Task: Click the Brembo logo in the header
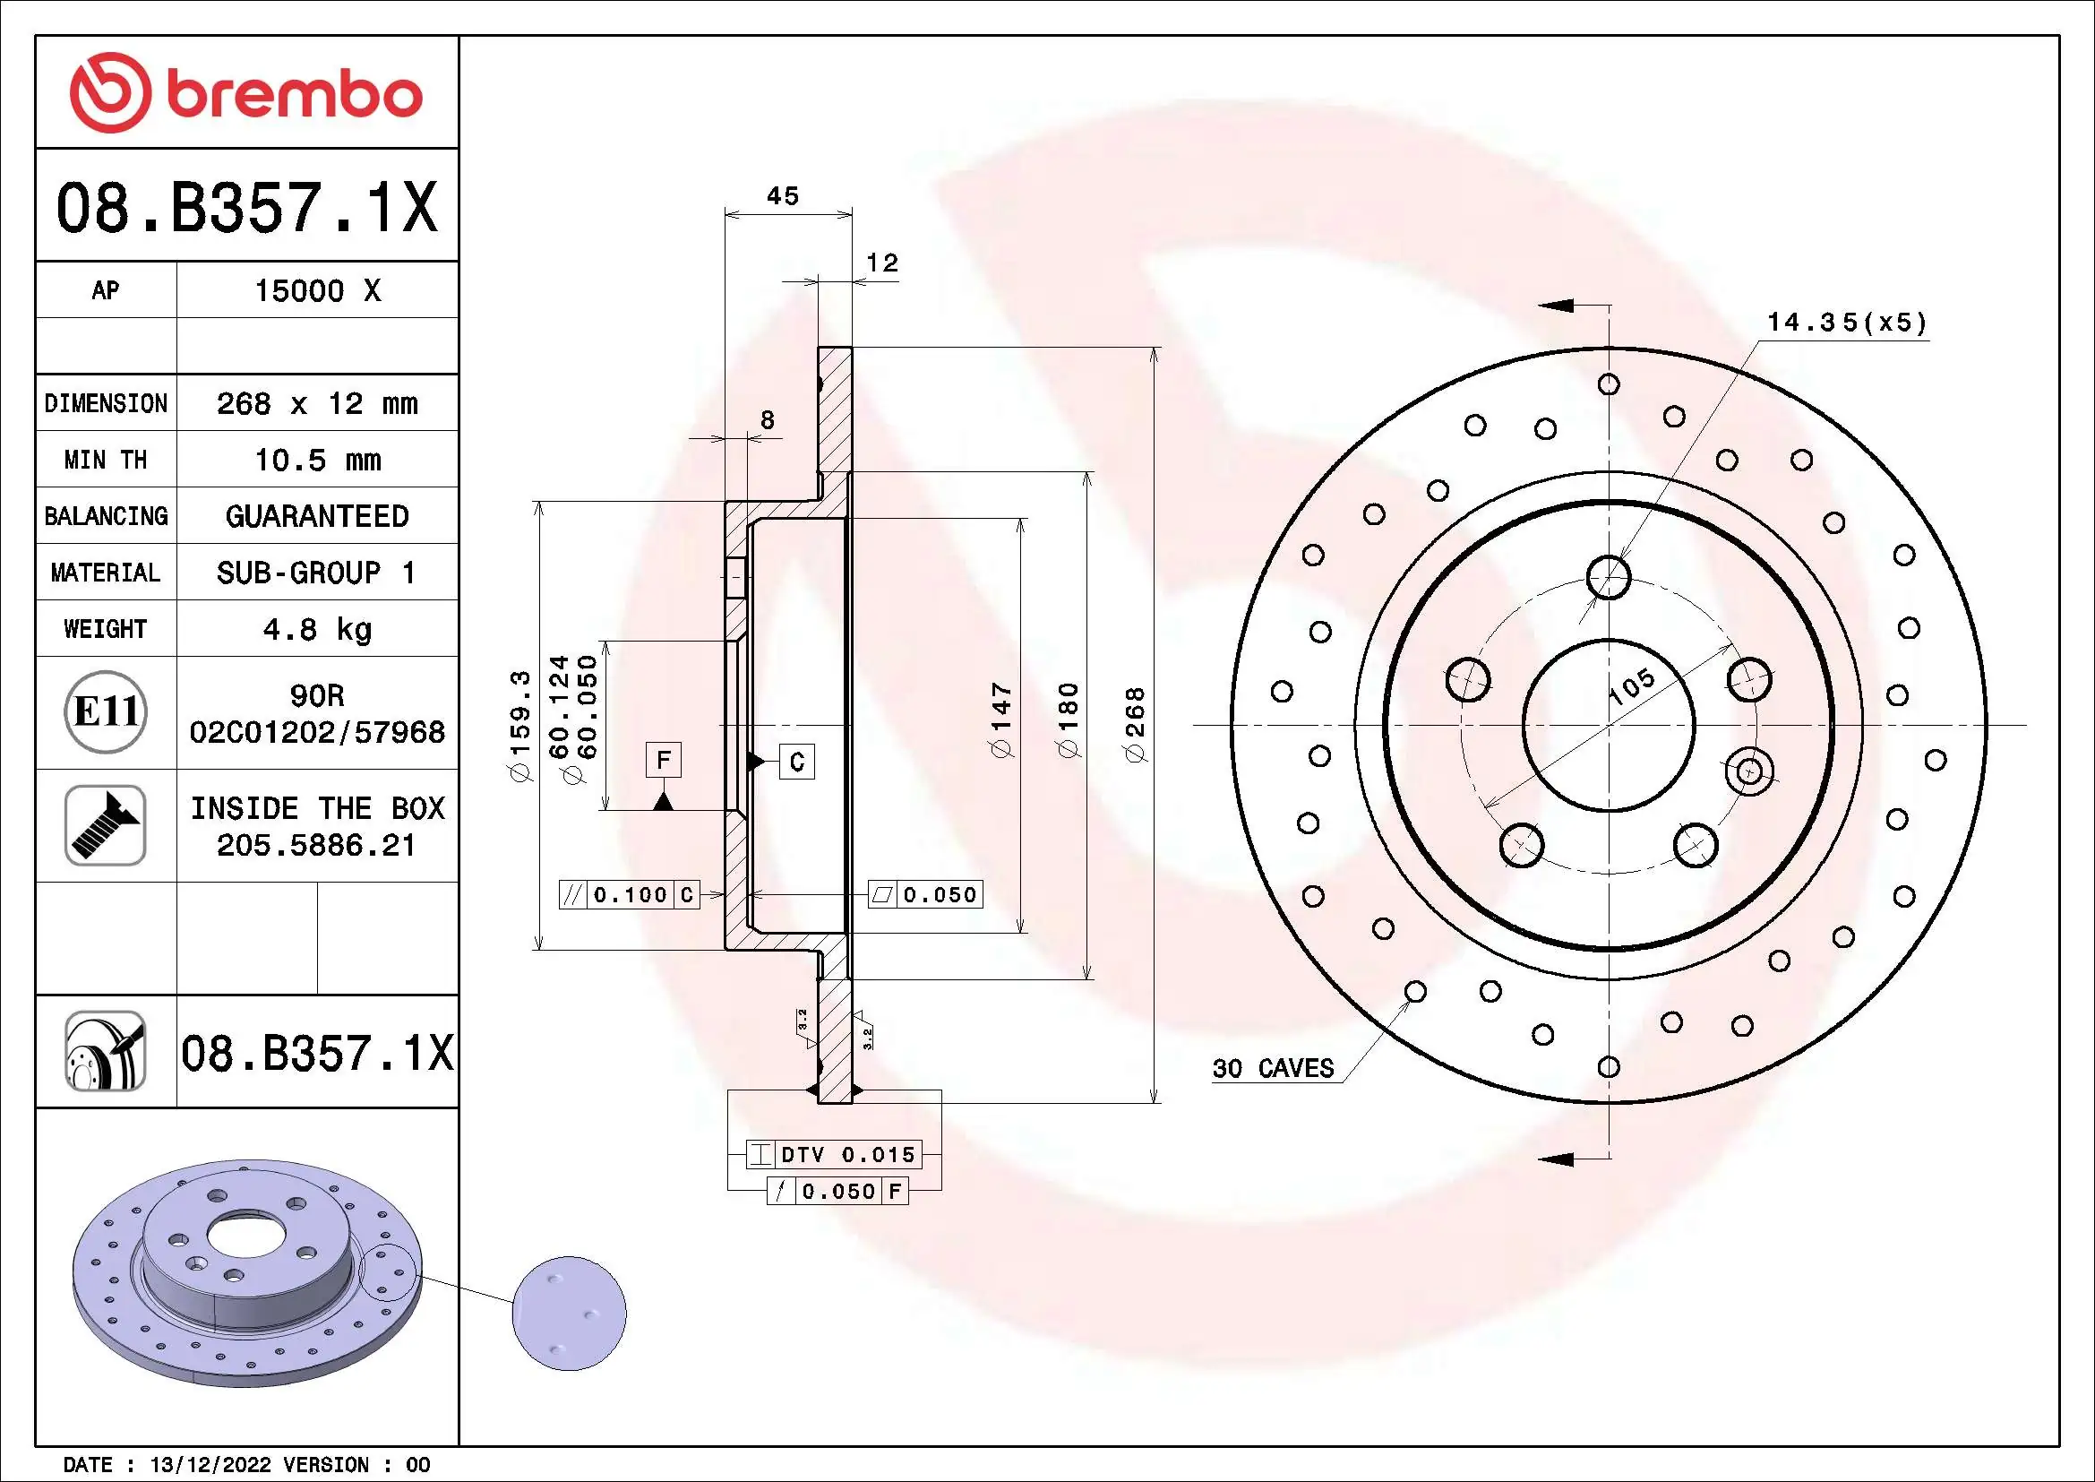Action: point(246,93)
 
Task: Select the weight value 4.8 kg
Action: point(316,629)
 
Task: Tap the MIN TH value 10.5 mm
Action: point(316,460)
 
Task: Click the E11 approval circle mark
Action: point(106,711)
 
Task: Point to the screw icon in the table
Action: point(106,825)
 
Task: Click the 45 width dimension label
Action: point(782,196)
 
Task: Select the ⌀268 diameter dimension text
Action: point(1135,726)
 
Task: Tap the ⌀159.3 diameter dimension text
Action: point(519,726)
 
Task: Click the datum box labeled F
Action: point(664,759)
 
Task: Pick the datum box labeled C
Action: point(796,762)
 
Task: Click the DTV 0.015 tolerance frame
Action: point(834,1154)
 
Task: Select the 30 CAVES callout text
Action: point(1273,1068)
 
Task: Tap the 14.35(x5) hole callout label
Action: point(1847,323)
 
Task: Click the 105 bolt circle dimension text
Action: point(1631,686)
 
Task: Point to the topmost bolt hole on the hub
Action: point(1608,576)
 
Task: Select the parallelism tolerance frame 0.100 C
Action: point(630,894)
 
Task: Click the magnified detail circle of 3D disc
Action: point(570,1314)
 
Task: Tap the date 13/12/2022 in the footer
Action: point(210,1465)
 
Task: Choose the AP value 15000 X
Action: point(316,291)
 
